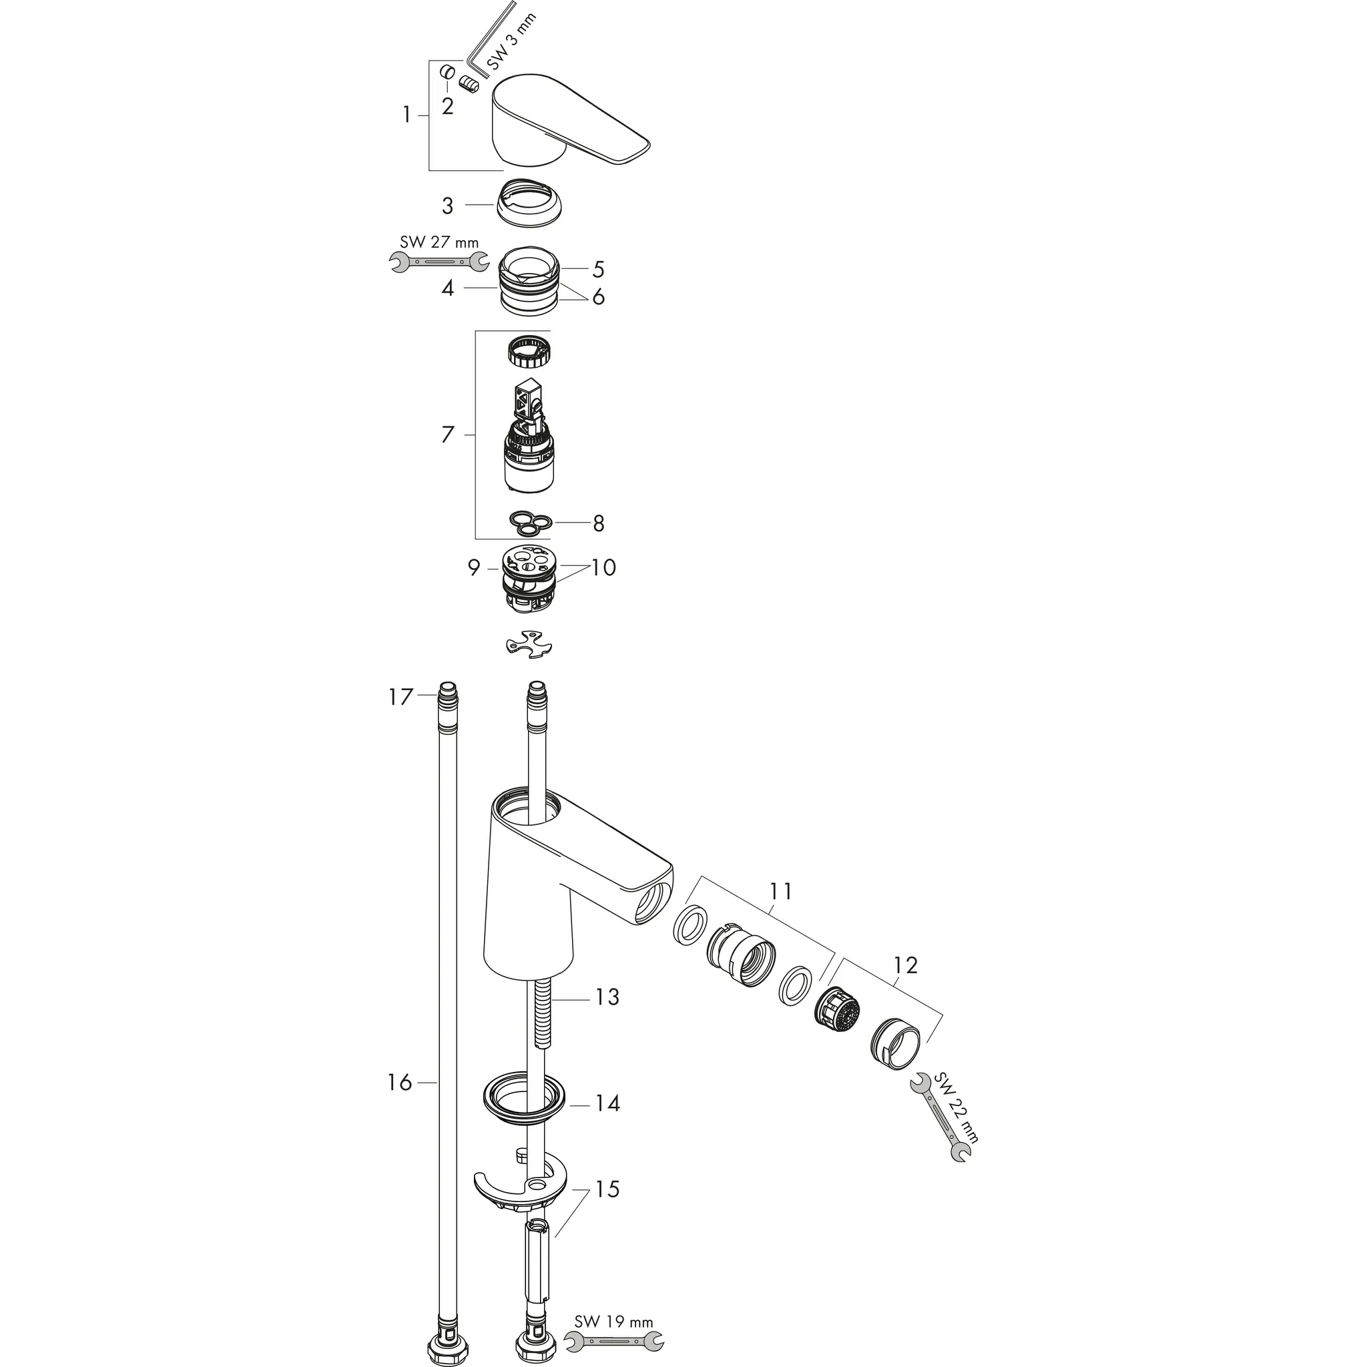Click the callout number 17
[x=400, y=698]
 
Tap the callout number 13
[x=608, y=997]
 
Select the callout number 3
[x=447, y=206]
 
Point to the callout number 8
[x=599, y=523]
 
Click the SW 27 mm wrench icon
[x=439, y=262]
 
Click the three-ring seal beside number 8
[x=530, y=522]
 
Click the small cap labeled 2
[x=447, y=73]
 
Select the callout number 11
[x=781, y=892]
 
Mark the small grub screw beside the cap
[x=469, y=83]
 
